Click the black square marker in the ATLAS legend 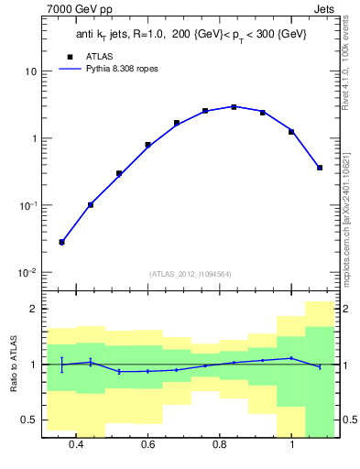click(x=58, y=56)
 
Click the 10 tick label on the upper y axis click(x=30, y=71)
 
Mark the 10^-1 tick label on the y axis click(x=27, y=205)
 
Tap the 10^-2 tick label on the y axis click(x=27, y=273)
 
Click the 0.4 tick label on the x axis click(x=76, y=445)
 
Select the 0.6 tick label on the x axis click(x=147, y=445)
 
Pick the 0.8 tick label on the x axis click(x=220, y=445)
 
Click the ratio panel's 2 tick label click(x=33, y=310)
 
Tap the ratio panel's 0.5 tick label click(x=29, y=420)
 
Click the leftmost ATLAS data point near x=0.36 click(x=61, y=242)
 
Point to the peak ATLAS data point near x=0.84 click(x=234, y=107)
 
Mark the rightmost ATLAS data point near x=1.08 click(x=320, y=168)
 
